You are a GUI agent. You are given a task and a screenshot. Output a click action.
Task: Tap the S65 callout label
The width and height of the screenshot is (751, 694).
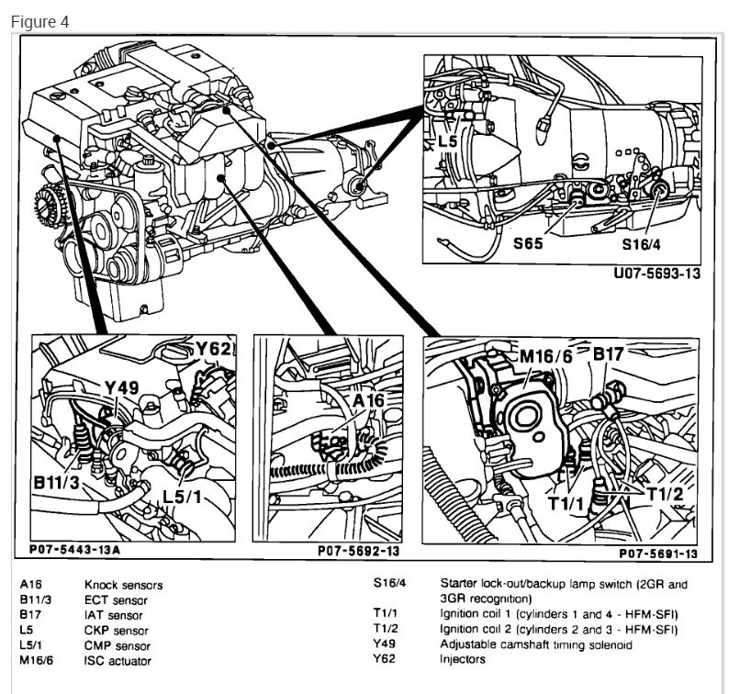click(529, 244)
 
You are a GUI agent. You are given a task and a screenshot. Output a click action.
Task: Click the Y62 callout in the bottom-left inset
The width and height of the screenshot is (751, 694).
click(214, 349)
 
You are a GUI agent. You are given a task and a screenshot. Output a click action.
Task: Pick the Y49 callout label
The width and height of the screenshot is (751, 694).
click(121, 388)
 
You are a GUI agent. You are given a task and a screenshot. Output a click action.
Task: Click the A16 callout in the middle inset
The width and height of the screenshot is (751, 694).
click(369, 400)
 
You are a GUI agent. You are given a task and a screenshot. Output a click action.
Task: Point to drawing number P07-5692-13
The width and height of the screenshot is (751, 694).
click(359, 552)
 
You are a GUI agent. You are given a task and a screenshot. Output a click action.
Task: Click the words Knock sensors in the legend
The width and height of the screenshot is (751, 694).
click(123, 585)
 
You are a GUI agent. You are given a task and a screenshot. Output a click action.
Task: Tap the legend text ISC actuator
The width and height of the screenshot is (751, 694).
click(118, 661)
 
